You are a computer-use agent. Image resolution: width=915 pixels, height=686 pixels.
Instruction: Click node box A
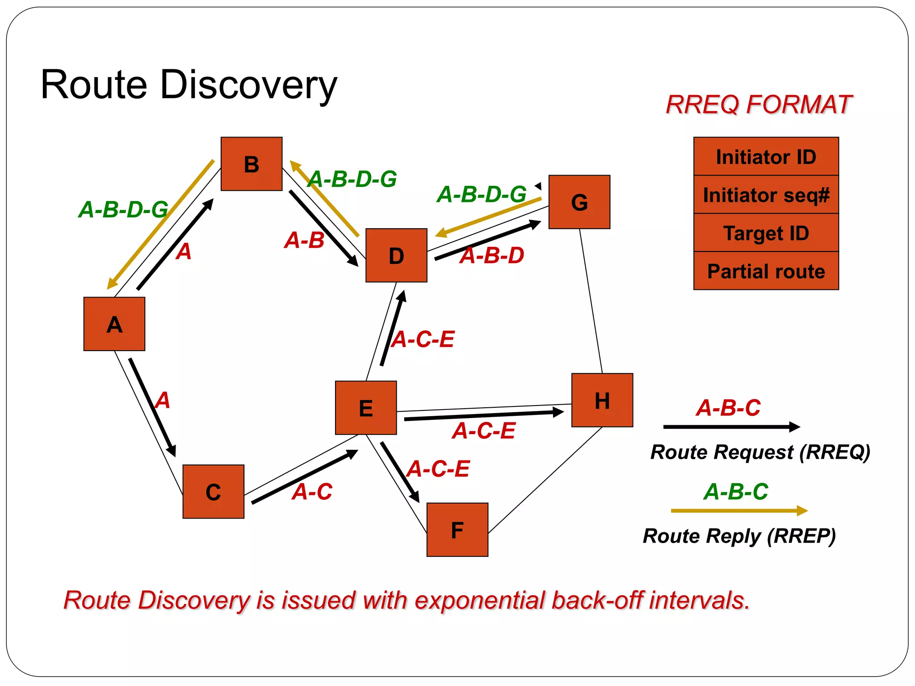click(x=114, y=324)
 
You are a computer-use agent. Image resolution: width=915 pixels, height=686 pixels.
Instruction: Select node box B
click(x=252, y=164)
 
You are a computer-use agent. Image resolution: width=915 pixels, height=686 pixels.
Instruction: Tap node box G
click(x=579, y=202)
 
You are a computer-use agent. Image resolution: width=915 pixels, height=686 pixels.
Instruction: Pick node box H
click(x=602, y=400)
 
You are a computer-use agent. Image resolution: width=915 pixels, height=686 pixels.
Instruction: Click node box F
click(x=457, y=530)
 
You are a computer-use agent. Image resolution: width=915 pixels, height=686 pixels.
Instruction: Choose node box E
click(x=366, y=408)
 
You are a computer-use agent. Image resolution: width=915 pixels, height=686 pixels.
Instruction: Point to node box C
click(x=213, y=491)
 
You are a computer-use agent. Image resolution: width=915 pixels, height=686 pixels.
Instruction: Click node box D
click(x=396, y=255)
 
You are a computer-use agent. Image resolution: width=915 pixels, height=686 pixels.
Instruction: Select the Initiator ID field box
click(x=766, y=157)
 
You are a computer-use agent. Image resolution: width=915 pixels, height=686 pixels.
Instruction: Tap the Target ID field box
click(x=766, y=233)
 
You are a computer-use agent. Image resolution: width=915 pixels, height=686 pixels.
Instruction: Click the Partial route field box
click(x=766, y=271)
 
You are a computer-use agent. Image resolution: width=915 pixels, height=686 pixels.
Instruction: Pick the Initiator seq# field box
click(x=766, y=195)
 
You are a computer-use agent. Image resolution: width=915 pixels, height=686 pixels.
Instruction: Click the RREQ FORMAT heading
click(x=759, y=105)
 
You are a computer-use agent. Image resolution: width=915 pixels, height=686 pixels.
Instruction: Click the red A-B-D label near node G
click(x=492, y=256)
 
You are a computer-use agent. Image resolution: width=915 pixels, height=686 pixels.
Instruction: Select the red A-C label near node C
click(x=312, y=492)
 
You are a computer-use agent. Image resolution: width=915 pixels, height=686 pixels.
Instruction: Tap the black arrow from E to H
click(x=483, y=415)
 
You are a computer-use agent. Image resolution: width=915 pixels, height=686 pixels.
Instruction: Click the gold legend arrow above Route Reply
click(x=739, y=510)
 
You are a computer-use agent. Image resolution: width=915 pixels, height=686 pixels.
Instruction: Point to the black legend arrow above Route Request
click(x=731, y=427)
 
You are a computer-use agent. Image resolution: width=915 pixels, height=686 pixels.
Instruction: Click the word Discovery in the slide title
click(x=248, y=85)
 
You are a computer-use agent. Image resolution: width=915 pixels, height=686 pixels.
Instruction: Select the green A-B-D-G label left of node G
click(x=482, y=195)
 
